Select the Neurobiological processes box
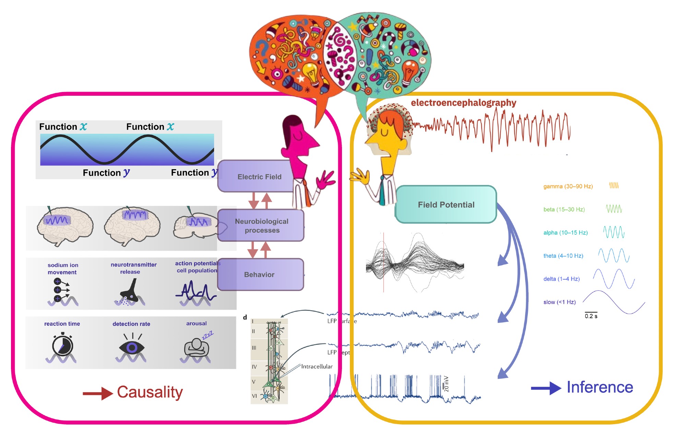[x=261, y=225]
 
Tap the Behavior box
[x=259, y=275]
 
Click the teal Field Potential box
[x=446, y=205]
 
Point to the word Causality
[x=150, y=392]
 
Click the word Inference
[x=600, y=387]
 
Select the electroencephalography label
[x=463, y=103]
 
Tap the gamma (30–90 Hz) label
[x=568, y=186]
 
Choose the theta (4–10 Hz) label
[x=563, y=256]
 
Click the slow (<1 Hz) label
[x=559, y=302]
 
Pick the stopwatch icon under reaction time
[x=62, y=345]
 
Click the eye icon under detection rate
[x=132, y=347]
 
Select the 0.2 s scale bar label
[x=591, y=316]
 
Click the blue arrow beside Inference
[x=546, y=388]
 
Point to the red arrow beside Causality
[x=98, y=393]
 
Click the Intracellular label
[x=317, y=367]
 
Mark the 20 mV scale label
[x=446, y=384]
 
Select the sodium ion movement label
[x=63, y=269]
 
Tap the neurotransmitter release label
[x=133, y=268]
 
